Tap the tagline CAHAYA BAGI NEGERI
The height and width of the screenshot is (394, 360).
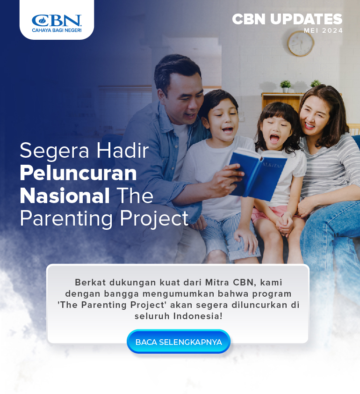pyautogui.click(x=57, y=30)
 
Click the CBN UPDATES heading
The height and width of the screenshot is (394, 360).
pyautogui.click(x=287, y=19)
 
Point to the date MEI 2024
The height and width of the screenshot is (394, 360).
pyautogui.click(x=324, y=30)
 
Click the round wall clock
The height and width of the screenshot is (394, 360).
pyautogui.click(x=301, y=44)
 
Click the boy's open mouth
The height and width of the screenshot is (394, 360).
pyautogui.click(x=228, y=130)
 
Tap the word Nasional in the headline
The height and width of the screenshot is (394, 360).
pyautogui.click(x=65, y=196)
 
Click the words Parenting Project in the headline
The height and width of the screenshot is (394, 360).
pyautogui.click(x=104, y=219)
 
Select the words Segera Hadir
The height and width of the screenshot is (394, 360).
pyautogui.click(x=84, y=151)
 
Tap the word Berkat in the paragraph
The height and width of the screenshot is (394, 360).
pyautogui.click(x=90, y=282)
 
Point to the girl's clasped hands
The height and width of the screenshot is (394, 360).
pyautogui.click(x=284, y=223)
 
